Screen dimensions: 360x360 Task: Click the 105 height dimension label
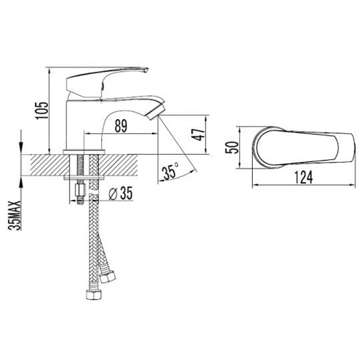(42, 110)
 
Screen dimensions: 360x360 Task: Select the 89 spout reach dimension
(121, 126)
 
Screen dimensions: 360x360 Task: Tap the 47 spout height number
(198, 135)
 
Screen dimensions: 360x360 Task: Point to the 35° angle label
(170, 171)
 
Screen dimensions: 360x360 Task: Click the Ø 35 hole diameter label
(121, 193)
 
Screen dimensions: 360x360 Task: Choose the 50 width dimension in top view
(232, 148)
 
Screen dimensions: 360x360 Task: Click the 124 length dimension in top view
(303, 177)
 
